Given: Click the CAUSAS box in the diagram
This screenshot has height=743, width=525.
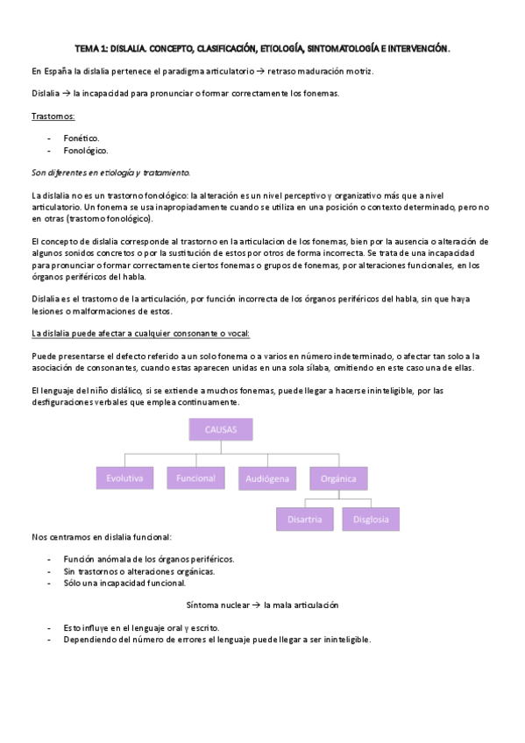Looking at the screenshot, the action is pyautogui.click(x=219, y=430).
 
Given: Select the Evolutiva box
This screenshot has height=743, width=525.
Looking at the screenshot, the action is pyautogui.click(x=124, y=478).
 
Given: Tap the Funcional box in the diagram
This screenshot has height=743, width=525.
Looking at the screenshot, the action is pyautogui.click(x=195, y=478).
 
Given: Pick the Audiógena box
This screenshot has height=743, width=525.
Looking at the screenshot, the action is pyautogui.click(x=266, y=478).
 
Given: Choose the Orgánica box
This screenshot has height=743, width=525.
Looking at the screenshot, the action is pyautogui.click(x=338, y=478).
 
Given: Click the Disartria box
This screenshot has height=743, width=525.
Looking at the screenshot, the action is pyautogui.click(x=304, y=519).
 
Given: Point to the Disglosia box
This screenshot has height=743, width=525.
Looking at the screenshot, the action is pyautogui.click(x=371, y=519).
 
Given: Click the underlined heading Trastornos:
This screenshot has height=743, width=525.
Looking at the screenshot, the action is pyautogui.click(x=53, y=116).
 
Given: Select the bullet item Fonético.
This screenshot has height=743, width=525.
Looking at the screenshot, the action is pyautogui.click(x=82, y=138).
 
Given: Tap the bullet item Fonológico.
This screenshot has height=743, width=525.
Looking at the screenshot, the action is pyautogui.click(x=85, y=151).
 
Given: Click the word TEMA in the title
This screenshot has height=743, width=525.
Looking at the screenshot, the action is pyautogui.click(x=88, y=50).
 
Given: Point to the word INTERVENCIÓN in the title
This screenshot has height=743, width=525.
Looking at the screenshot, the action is pyautogui.click(x=418, y=50).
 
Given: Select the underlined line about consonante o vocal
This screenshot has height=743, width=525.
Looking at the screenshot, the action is pyautogui.click(x=140, y=333).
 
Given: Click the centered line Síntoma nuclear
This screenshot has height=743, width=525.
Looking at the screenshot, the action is pyautogui.click(x=262, y=605).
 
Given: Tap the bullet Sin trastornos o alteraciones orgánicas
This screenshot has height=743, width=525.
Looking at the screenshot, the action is pyautogui.click(x=139, y=570).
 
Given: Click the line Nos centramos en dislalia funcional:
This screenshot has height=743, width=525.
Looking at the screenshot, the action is pyautogui.click(x=101, y=535).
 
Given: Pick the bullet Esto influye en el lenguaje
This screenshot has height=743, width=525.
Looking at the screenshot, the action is pyautogui.click(x=141, y=627).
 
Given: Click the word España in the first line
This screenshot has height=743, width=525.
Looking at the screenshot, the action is pyautogui.click(x=58, y=71).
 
